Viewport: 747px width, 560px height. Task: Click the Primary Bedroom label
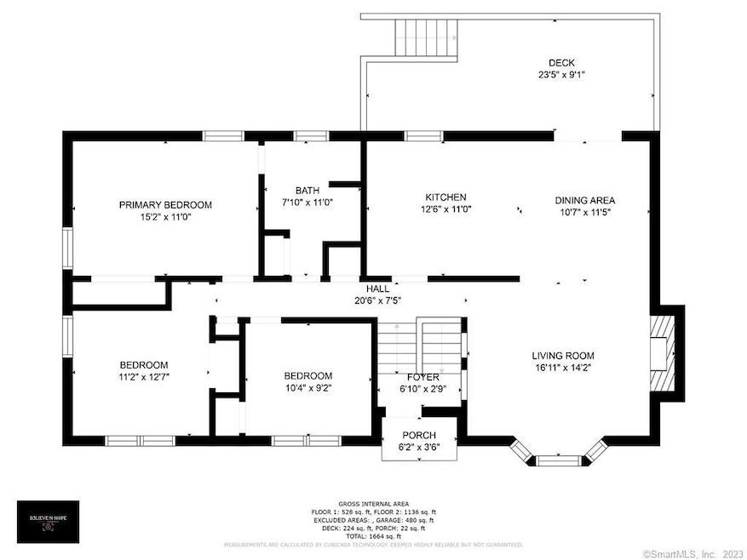165,204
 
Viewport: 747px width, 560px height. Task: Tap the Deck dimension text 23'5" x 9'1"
561,75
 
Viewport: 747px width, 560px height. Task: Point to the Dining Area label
585,201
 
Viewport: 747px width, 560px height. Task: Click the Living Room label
563,356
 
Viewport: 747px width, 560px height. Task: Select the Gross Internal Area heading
373,504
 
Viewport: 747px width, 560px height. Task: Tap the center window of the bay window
560,460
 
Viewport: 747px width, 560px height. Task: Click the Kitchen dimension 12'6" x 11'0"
446,209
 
